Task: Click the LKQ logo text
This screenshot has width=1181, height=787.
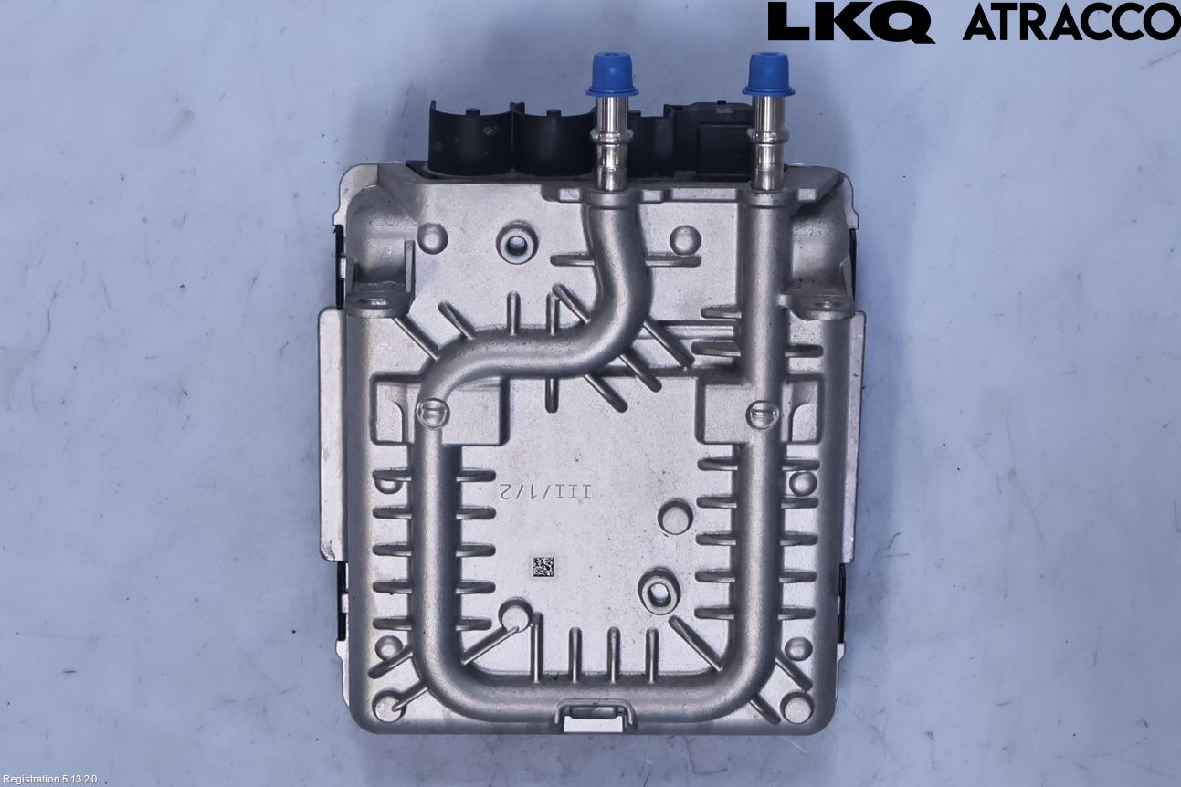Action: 850,23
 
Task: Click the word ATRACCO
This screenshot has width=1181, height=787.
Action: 1071,23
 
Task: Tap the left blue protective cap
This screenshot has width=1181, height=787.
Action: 612,74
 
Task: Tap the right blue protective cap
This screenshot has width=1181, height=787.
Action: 768,74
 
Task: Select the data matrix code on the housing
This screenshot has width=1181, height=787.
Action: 543,567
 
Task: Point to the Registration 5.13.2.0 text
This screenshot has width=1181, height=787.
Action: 49,779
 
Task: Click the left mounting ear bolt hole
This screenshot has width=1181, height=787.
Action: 374,304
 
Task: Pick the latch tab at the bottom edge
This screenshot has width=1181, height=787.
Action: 593,716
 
